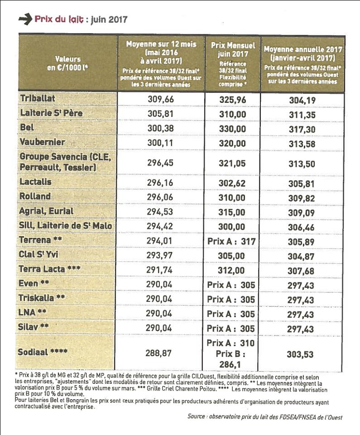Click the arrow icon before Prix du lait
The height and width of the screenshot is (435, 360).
[x=24, y=19]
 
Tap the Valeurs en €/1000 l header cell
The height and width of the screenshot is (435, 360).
[x=67, y=63]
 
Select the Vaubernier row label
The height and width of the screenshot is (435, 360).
[x=43, y=142]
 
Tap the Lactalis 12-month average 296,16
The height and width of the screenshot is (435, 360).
[x=161, y=182]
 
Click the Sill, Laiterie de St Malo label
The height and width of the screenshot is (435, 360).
[x=65, y=225]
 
